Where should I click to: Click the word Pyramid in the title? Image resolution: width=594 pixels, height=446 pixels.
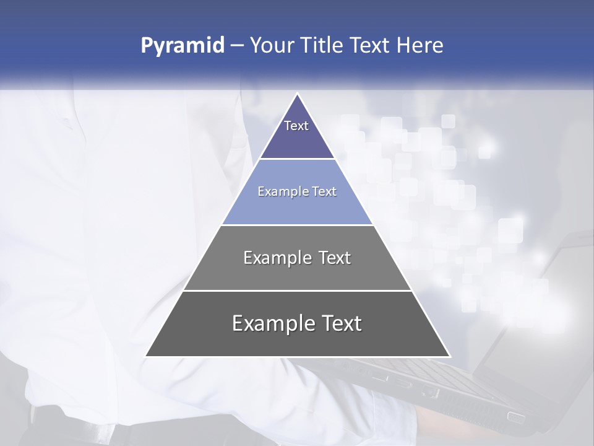183,46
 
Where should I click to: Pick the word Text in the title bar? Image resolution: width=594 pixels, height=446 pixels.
371,46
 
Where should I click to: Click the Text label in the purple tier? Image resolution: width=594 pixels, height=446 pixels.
296,126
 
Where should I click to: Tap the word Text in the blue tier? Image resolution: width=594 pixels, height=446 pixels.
324,191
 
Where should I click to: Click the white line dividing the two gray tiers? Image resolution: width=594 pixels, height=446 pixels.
298,291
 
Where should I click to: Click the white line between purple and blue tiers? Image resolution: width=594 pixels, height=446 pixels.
298,159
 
